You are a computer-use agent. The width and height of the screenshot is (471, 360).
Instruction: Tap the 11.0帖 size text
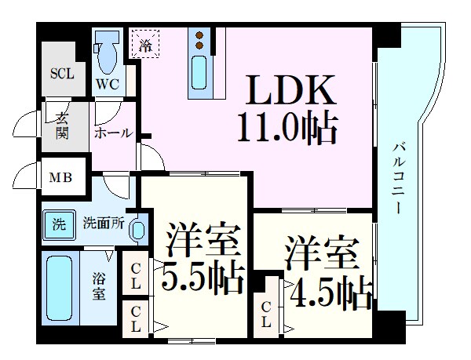288,127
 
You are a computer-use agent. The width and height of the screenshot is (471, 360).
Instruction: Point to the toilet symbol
107,54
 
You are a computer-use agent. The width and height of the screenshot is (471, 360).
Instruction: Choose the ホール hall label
113,133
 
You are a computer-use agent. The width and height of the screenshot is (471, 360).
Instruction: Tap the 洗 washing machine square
59,223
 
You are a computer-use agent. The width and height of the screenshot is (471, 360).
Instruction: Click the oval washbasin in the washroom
137,230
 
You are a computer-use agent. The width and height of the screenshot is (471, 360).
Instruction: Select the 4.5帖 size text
330,292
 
